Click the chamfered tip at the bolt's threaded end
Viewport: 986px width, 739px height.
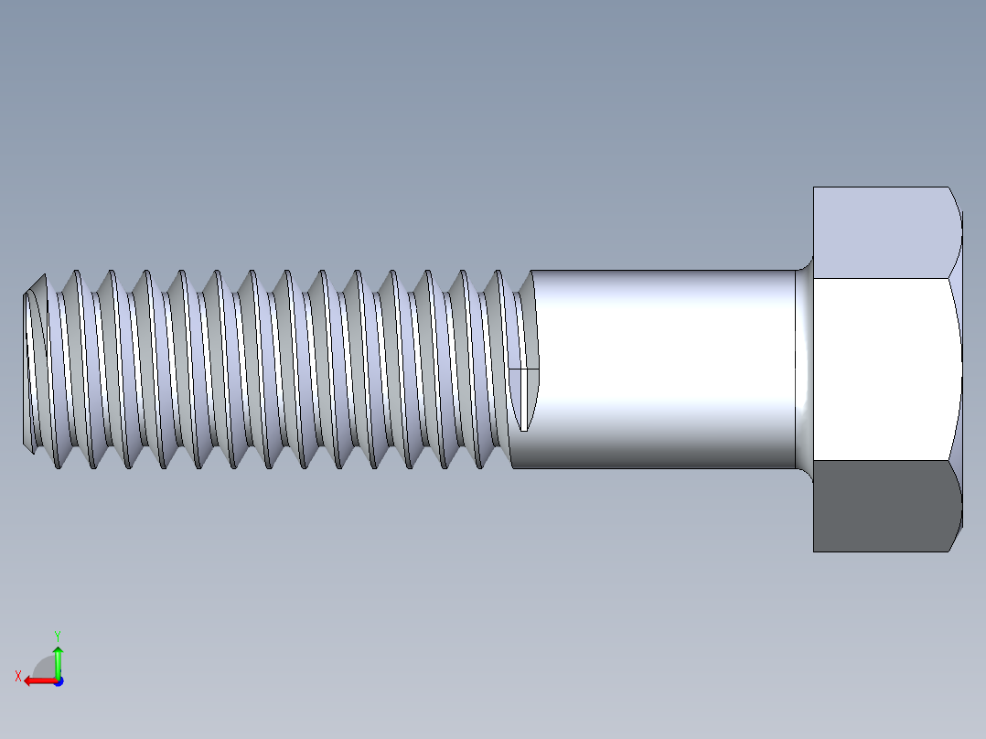tap(34, 366)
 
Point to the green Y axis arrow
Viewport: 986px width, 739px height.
tap(58, 659)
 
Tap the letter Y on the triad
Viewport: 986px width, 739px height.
tap(57, 635)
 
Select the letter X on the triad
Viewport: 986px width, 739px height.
tap(17, 676)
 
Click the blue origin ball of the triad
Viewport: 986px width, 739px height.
tap(58, 680)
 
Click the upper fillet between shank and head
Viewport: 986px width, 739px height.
tap(805, 265)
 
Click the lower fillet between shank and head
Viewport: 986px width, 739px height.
tap(805, 472)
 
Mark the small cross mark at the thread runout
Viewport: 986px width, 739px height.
tap(524, 369)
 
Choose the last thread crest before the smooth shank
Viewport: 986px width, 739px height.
tap(501, 366)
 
